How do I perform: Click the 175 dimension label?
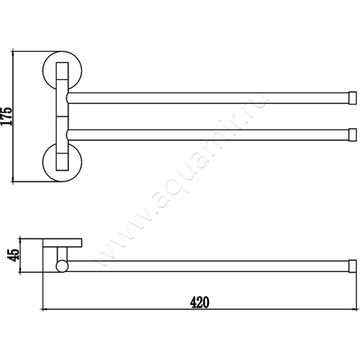[6, 116]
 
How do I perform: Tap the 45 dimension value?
[13, 255]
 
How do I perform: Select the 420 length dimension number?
[199, 302]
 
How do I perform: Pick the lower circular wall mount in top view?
[44, 162]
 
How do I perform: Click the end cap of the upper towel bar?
[353, 98]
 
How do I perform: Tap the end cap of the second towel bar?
[353, 135]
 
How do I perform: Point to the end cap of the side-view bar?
[353, 266]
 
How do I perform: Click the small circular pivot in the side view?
[62, 266]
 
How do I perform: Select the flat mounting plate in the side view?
[63, 243]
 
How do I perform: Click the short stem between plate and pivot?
[62, 254]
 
